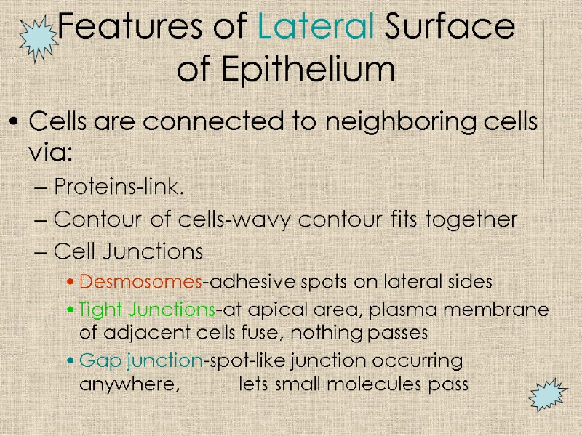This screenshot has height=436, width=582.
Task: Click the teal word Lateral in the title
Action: pyautogui.click(x=316, y=28)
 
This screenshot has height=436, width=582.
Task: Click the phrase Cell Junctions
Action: pyautogui.click(x=128, y=251)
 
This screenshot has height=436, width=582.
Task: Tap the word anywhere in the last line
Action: pyautogui.click(x=128, y=384)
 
